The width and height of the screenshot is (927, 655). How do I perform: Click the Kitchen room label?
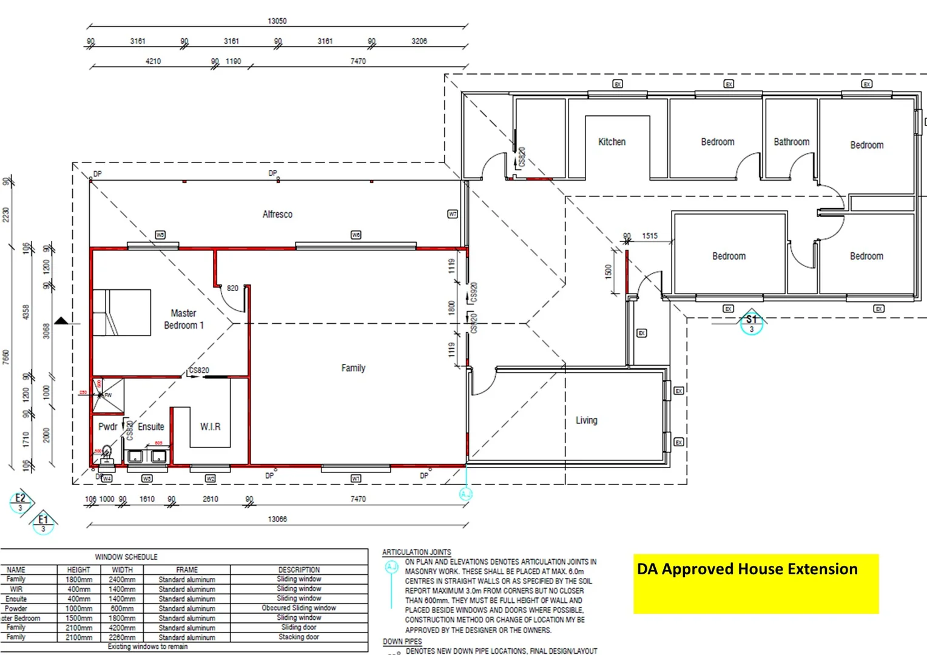pyautogui.click(x=612, y=142)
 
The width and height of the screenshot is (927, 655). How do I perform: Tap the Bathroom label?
pyautogui.click(x=791, y=142)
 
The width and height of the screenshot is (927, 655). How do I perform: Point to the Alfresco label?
pyautogui.click(x=277, y=214)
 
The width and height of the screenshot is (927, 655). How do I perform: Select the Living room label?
pyautogui.click(x=586, y=420)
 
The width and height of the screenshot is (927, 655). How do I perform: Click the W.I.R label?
pyautogui.click(x=210, y=427)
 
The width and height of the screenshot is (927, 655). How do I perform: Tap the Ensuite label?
pyautogui.click(x=150, y=427)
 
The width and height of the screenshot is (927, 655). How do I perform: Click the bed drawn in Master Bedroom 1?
pyautogui.click(x=121, y=312)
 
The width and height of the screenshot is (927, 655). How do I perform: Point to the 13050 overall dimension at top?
pyautogui.click(x=277, y=21)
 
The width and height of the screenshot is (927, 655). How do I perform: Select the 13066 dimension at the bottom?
pyautogui.click(x=277, y=519)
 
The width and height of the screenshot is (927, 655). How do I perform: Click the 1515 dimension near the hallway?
pyautogui.click(x=650, y=236)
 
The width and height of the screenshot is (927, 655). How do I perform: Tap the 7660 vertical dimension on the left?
pyautogui.click(x=6, y=357)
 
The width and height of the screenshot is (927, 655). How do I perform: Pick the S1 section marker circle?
pyautogui.click(x=751, y=323)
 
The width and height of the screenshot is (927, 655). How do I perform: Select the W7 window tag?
pyautogui.click(x=453, y=214)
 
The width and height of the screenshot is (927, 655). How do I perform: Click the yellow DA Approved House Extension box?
pyautogui.click(x=756, y=583)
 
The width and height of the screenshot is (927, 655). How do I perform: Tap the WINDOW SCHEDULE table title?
pyautogui.click(x=126, y=557)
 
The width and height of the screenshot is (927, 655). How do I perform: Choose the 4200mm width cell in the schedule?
pyautogui.click(x=122, y=628)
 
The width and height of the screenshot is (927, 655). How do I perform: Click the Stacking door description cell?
pyautogui.click(x=298, y=637)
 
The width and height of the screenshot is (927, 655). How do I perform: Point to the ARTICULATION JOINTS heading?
pyautogui.click(x=416, y=553)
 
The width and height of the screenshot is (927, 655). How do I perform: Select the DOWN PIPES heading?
pyautogui.click(x=402, y=642)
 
